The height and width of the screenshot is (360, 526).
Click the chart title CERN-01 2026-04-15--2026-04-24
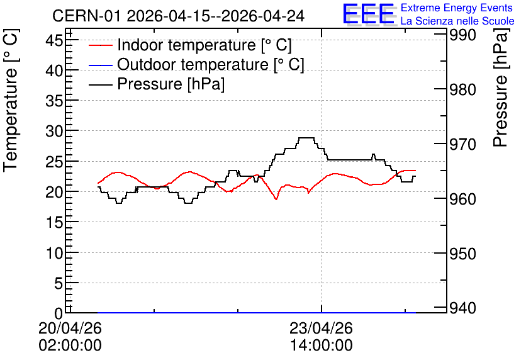point(179,16)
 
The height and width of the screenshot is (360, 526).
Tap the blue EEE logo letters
point(368,13)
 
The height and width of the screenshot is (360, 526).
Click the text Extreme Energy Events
point(457,8)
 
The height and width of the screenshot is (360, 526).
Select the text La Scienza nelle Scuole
point(457,21)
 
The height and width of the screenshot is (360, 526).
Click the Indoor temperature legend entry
point(190,45)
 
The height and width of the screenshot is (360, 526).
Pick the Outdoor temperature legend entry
point(196,64)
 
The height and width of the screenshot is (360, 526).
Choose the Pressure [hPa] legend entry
point(157,84)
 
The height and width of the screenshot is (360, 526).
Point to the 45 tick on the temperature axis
point(54,41)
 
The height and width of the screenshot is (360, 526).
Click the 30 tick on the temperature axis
point(54,131)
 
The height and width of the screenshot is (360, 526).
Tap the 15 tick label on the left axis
point(54,222)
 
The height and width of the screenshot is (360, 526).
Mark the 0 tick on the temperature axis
point(59,313)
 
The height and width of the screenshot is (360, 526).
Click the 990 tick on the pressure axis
point(462,35)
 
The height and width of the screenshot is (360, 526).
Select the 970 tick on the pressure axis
point(462,144)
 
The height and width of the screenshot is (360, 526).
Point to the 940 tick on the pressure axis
point(462,308)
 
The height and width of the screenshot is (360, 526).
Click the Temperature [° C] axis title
point(11,101)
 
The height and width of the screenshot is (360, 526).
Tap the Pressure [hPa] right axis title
point(500,87)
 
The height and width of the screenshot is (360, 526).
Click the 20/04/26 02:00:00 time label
point(70,337)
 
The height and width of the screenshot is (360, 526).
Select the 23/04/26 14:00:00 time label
point(322,337)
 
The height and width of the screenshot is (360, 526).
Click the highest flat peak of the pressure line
point(306,138)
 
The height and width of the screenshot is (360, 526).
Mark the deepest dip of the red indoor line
point(276,200)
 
